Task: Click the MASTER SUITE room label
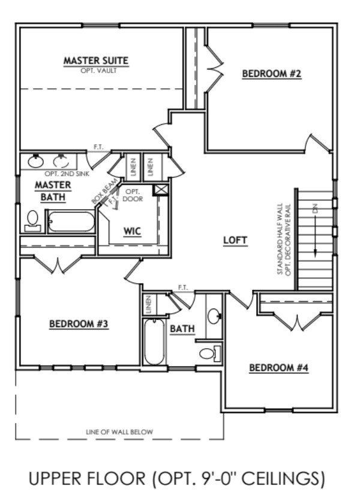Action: (x=96, y=60)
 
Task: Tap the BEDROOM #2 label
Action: (x=271, y=74)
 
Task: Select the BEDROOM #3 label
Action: (x=78, y=324)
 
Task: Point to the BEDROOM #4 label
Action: (x=278, y=367)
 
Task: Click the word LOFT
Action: (x=235, y=240)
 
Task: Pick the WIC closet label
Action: (x=132, y=231)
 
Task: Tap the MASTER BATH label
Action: (x=53, y=190)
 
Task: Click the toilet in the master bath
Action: (x=32, y=220)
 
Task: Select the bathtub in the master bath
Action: (x=70, y=221)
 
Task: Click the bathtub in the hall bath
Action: (x=154, y=342)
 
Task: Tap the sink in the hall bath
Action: (x=214, y=315)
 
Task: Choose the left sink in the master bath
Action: (x=35, y=161)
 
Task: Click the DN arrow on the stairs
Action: (x=314, y=231)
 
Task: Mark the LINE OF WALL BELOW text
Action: (x=119, y=432)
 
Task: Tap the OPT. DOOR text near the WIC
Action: (x=133, y=195)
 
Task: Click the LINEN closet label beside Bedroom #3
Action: (x=148, y=305)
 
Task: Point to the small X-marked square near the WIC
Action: (x=160, y=190)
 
